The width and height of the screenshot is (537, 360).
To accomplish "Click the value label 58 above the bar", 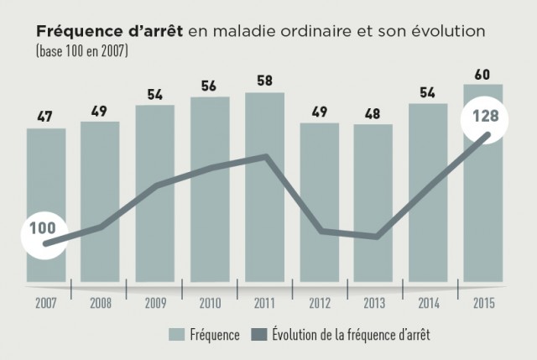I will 264,81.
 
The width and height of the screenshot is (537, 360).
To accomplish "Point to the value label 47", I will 46,117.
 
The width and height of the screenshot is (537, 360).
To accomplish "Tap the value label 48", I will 373,112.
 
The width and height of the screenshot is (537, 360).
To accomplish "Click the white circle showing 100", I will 43,228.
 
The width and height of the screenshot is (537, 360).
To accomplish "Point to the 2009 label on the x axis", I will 154,303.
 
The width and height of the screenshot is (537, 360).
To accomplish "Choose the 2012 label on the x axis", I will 319,303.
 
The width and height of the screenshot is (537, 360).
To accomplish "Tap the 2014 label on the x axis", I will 428,303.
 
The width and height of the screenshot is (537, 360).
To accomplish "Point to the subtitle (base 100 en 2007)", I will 81,50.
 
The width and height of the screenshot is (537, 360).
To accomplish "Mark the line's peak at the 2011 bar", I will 266,155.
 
